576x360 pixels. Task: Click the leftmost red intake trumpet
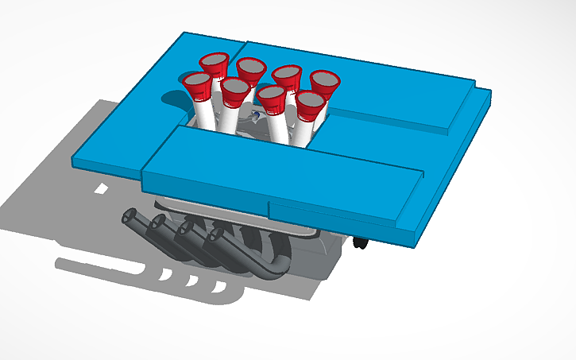tap(197, 82)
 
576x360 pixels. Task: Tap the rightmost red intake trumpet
tap(325, 81)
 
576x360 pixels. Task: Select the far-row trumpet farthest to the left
tap(215, 62)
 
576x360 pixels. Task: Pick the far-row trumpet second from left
tap(250, 68)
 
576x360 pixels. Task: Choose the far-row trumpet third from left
tap(287, 75)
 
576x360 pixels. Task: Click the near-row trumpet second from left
tap(235, 90)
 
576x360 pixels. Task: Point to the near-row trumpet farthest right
tap(309, 103)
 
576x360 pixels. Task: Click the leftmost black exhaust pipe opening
tap(129, 216)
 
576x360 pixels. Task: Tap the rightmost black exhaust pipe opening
tap(215, 234)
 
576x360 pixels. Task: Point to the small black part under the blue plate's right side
tap(361, 241)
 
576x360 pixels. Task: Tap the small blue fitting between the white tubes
tap(254, 118)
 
